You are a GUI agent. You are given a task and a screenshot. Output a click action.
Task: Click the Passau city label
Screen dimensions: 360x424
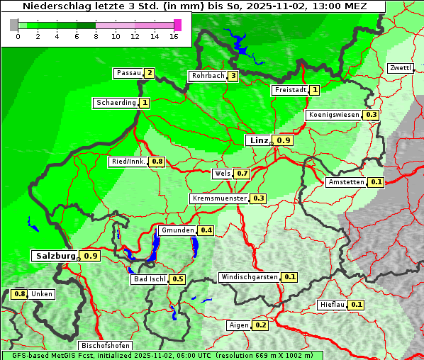pos(128,73)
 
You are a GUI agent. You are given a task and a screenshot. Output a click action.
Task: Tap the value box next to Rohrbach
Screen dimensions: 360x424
pos(233,76)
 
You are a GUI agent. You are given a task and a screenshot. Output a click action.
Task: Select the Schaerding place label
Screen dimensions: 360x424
pos(116,103)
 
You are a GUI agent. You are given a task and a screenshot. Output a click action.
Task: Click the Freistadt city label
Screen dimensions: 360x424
pos(290,90)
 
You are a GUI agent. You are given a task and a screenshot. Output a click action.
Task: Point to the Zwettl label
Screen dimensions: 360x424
pos(400,68)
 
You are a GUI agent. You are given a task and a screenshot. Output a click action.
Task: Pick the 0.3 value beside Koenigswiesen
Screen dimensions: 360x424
pos(371,115)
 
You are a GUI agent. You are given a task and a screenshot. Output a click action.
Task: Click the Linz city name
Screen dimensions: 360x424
pos(258,140)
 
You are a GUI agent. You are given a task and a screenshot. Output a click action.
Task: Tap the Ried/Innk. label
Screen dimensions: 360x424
pos(128,162)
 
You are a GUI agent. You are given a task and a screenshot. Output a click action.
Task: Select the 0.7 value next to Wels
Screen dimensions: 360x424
pos(242,174)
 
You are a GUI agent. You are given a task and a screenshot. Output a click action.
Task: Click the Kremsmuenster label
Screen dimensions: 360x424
pos(218,198)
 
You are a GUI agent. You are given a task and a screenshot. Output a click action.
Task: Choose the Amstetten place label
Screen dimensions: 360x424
pos(345,182)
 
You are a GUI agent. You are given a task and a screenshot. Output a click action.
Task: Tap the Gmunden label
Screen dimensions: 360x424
pos(177,230)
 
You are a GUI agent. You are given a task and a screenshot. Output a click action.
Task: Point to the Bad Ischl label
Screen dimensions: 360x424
pos(148,279)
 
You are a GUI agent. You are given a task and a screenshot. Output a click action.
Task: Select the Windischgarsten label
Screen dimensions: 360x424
pos(249,277)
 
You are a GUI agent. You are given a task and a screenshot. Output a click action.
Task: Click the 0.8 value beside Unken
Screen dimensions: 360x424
pos(20,294)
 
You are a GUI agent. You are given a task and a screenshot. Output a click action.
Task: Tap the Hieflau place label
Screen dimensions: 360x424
pos(332,305)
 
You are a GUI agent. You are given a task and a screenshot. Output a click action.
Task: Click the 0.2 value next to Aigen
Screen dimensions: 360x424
pos(260,325)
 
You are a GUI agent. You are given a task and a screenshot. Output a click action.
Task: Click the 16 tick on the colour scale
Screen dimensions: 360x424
pos(174,36)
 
